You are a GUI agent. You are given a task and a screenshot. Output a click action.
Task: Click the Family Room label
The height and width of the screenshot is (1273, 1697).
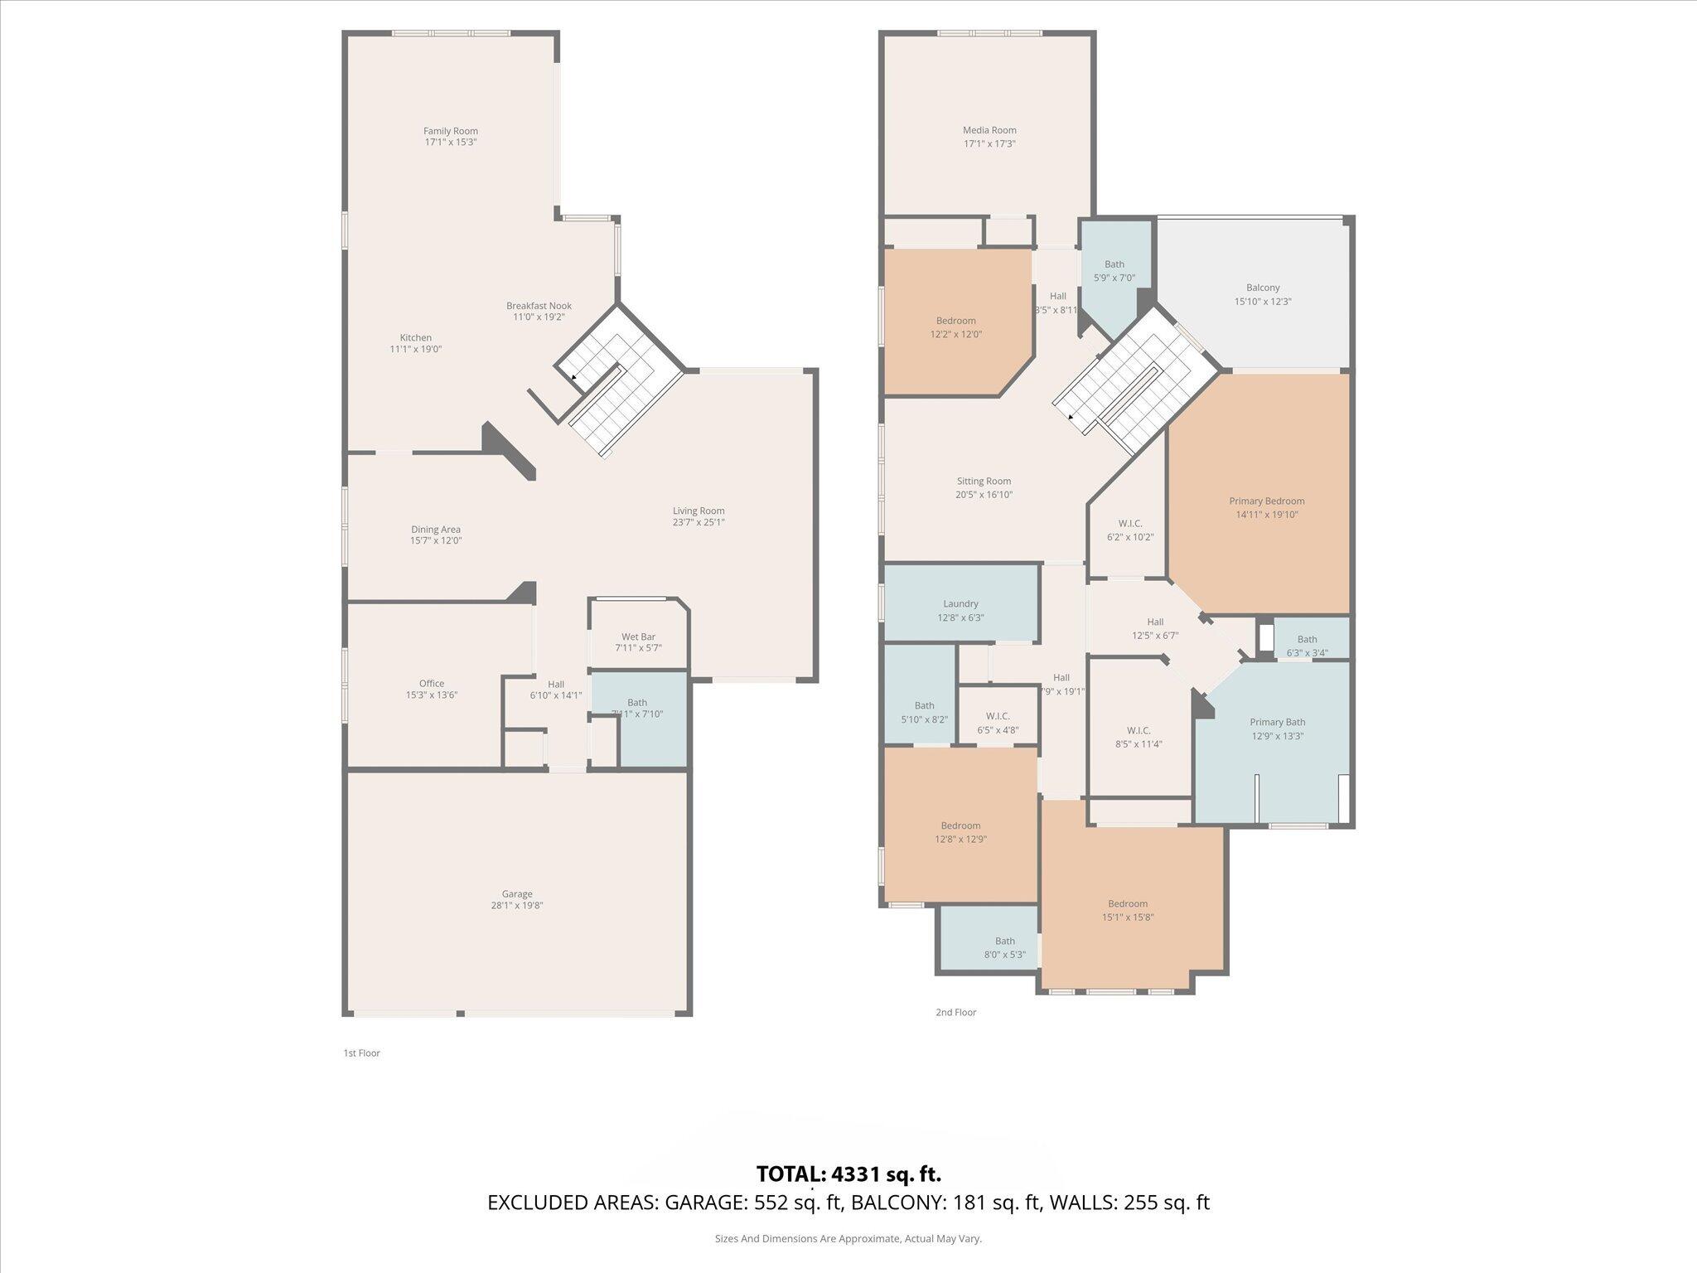pyautogui.click(x=450, y=131)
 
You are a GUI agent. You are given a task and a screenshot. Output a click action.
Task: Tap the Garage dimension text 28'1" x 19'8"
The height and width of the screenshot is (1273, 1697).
pyautogui.click(x=516, y=906)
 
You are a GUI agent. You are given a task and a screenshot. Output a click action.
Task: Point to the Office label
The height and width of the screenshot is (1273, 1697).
pyautogui.click(x=431, y=684)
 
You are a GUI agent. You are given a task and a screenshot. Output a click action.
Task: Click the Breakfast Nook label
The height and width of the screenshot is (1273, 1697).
pyautogui.click(x=539, y=306)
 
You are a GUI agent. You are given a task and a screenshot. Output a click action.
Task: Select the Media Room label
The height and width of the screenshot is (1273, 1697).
pyautogui.click(x=989, y=130)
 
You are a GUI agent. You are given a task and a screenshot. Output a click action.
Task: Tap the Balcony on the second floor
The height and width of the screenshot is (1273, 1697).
pyautogui.click(x=1263, y=294)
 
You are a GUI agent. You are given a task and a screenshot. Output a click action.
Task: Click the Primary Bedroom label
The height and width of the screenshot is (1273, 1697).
pyautogui.click(x=1266, y=501)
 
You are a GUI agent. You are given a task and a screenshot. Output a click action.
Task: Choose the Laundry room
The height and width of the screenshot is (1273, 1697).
pyautogui.click(x=960, y=610)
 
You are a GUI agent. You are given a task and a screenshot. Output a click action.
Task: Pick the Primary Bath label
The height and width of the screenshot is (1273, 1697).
pyautogui.click(x=1277, y=723)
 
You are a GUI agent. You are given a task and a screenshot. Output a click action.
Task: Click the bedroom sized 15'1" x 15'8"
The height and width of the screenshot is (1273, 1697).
pyautogui.click(x=1128, y=910)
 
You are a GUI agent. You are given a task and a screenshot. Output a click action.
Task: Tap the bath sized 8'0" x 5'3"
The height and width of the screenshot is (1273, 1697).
pyautogui.click(x=1004, y=947)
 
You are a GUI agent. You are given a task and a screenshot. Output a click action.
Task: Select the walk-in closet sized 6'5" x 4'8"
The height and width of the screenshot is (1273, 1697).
pyautogui.click(x=998, y=723)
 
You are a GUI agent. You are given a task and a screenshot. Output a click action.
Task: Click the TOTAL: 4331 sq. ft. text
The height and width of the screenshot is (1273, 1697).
pyautogui.click(x=848, y=1174)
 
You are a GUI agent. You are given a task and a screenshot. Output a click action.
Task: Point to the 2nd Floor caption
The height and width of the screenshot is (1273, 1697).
pyautogui.click(x=955, y=1012)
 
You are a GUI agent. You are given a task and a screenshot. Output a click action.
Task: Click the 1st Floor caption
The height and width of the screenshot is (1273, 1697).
pyautogui.click(x=361, y=1053)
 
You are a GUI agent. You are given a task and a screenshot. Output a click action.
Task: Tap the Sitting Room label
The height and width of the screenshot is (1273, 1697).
pyautogui.click(x=984, y=481)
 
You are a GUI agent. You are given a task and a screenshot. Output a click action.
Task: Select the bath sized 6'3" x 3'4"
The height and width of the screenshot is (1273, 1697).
pyautogui.click(x=1307, y=645)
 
